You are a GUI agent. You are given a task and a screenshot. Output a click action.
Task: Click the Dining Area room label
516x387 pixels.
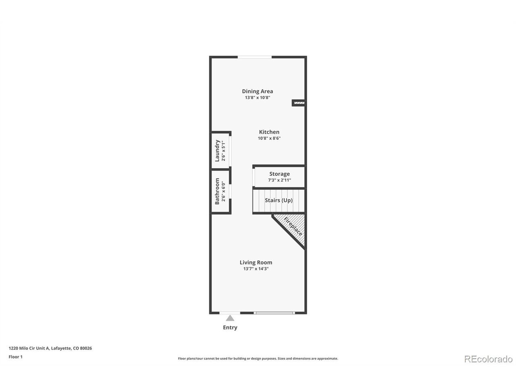tap(258, 91)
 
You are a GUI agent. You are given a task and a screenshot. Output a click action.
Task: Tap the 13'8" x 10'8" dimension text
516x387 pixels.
tap(258, 98)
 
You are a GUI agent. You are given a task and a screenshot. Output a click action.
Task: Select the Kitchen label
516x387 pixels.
tap(269, 132)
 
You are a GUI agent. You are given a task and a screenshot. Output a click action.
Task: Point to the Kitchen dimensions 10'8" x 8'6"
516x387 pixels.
tap(269, 138)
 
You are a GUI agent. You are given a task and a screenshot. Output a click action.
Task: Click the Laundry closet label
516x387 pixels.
tap(217, 151)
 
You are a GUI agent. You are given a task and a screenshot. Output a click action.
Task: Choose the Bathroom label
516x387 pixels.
tap(217, 191)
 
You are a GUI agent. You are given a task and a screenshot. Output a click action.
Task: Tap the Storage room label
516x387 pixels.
tap(279, 174)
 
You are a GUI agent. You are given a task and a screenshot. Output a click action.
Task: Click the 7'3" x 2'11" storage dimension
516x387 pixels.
tap(279, 180)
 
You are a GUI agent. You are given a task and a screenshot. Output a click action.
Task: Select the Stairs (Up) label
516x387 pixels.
tap(279, 200)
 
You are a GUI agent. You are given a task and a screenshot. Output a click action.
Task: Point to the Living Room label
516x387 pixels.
tap(256, 262)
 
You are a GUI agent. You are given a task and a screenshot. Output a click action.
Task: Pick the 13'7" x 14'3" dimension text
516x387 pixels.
tap(256, 269)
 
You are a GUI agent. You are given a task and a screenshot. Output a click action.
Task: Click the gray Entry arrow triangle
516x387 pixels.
tap(230, 318)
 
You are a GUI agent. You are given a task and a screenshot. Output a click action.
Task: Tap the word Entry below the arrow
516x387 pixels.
tap(230, 327)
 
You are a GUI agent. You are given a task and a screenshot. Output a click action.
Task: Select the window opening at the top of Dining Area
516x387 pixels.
tap(254, 57)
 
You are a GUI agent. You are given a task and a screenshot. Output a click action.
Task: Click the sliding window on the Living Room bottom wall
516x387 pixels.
tap(274, 313)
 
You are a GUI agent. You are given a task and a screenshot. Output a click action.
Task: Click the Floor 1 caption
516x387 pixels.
tap(15, 357)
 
